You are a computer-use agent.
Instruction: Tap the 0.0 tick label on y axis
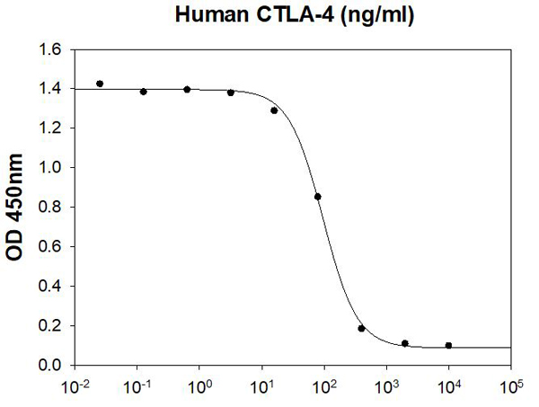pos(51,366)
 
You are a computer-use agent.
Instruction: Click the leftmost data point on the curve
pos(100,84)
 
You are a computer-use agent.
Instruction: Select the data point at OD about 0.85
pos(317,197)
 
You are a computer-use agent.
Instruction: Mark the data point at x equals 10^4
pos(448,345)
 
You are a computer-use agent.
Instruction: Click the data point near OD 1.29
pos(274,111)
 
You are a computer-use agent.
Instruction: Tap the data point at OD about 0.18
pos(361,329)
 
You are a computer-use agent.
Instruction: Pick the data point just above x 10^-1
pos(144,92)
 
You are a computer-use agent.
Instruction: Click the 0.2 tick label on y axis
pos(51,326)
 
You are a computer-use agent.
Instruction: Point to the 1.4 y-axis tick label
pos(51,89)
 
